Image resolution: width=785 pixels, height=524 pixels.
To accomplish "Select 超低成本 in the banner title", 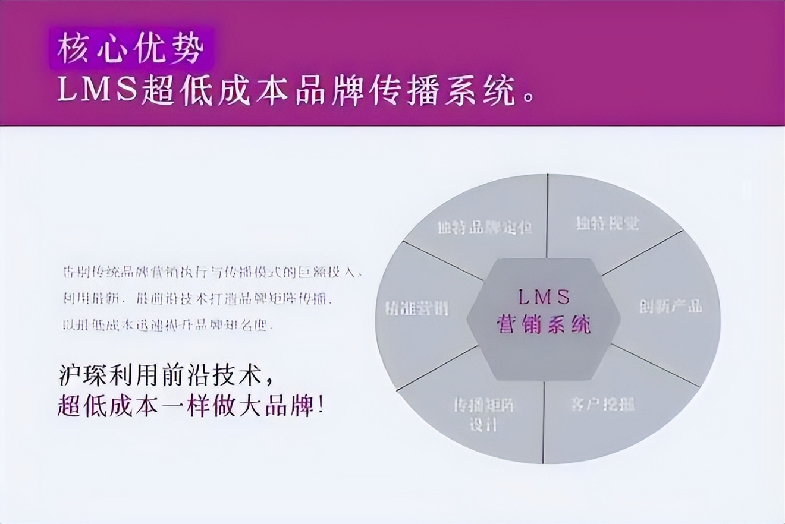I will [215, 91].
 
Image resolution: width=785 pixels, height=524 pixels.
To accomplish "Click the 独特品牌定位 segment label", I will [484, 228].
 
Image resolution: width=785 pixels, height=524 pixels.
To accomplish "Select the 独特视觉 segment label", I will [607, 223].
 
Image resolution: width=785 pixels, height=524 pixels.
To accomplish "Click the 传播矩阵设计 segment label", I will [484, 415].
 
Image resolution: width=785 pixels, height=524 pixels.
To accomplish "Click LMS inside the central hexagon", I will [543, 296].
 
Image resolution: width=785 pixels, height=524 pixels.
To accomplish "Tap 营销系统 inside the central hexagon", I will [543, 324].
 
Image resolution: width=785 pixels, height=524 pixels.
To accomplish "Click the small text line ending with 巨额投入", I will [212, 273].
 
